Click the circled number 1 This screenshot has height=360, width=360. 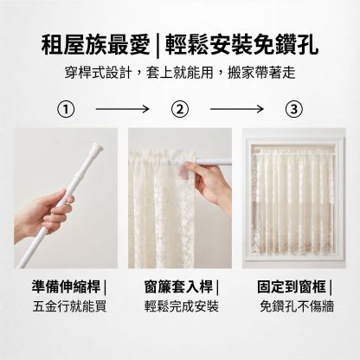(66, 109)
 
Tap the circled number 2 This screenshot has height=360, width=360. (180, 109)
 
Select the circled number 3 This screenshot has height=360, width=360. (294, 109)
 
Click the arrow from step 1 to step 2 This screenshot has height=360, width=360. (122, 109)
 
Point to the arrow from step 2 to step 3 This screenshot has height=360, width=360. (237, 109)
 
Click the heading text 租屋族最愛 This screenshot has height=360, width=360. (95, 46)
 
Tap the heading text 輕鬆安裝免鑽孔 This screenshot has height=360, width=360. (241, 46)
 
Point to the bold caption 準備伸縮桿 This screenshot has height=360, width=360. (66, 286)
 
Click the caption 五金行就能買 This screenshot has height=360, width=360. (69, 306)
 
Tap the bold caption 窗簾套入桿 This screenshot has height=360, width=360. (178, 286)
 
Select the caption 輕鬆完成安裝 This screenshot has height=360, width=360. (182, 306)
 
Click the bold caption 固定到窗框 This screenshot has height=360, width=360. (292, 286)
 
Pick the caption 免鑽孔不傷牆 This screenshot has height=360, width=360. (297, 306)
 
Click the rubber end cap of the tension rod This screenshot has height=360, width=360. (97, 148)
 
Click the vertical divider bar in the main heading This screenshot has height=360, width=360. (157, 46)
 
